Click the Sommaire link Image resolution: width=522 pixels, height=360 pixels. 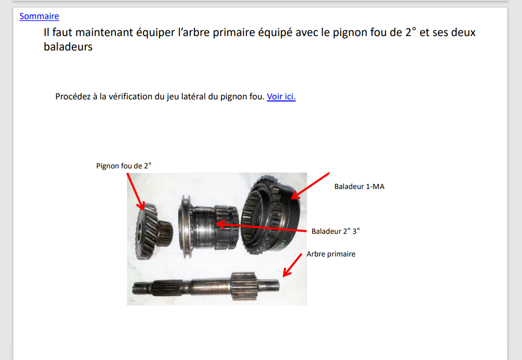tap(39, 16)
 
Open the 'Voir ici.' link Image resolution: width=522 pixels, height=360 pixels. tap(281, 96)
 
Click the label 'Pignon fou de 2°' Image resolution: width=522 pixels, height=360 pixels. tap(124, 166)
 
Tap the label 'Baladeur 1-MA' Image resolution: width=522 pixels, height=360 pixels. tap(359, 186)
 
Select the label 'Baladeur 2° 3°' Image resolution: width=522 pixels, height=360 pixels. tap(335, 231)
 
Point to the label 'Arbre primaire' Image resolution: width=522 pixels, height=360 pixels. tap(331, 254)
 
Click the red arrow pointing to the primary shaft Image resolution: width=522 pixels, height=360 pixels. tap(292, 265)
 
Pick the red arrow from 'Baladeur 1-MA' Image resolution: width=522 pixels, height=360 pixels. tap(310, 186)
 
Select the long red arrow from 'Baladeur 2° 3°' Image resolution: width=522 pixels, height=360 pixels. tap(261, 227)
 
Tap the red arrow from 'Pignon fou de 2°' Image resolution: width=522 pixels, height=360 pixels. tap(136, 192)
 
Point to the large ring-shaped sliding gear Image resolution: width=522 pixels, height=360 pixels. tap(271, 215)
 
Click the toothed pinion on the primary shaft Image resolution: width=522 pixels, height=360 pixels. tap(244, 286)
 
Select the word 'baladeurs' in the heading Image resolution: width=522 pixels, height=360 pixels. tap(68, 47)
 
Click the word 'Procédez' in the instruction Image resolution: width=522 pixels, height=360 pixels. tap(73, 96)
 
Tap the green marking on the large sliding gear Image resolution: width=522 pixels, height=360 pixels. tap(282, 244)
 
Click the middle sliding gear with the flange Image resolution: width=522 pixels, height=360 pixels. tap(208, 227)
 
